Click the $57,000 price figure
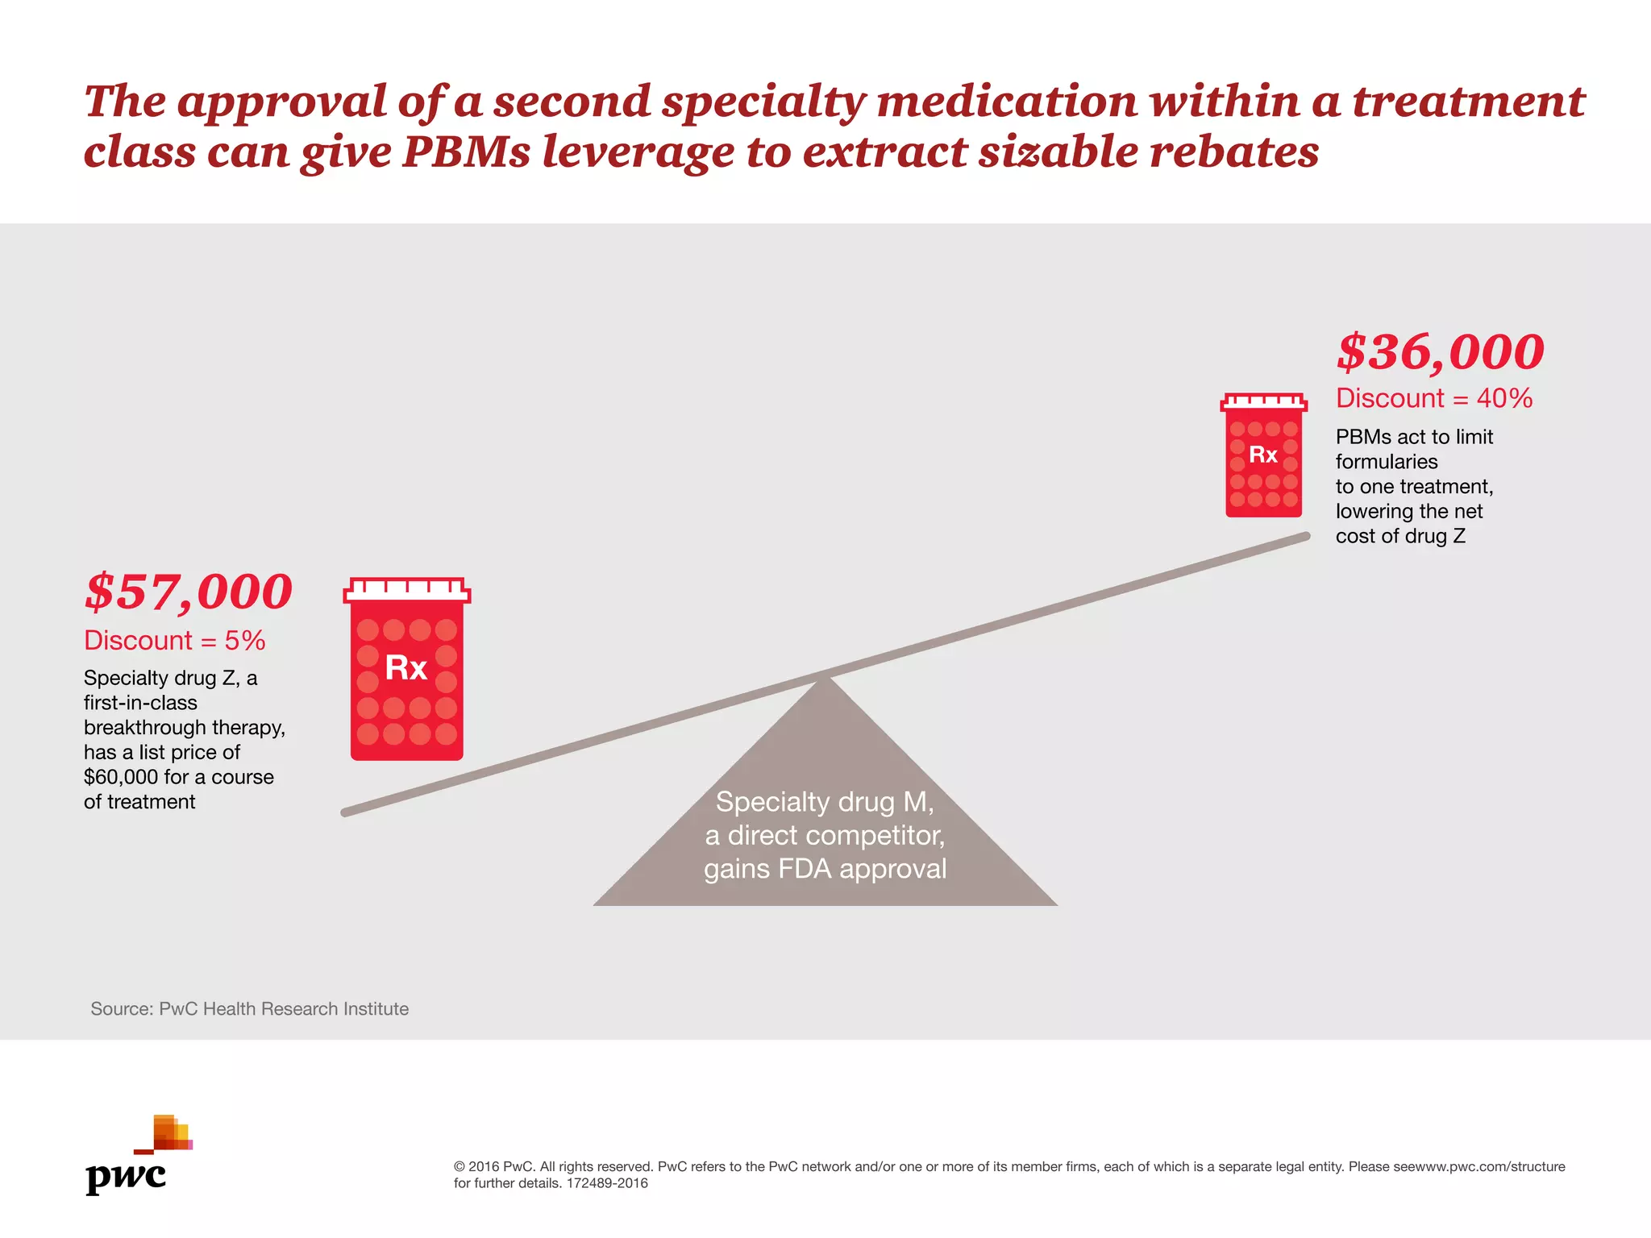click(x=188, y=592)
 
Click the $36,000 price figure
click(x=1440, y=352)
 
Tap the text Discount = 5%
click(x=174, y=641)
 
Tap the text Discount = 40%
click(x=1433, y=398)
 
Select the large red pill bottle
click(x=406, y=677)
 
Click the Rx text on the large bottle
click(x=405, y=668)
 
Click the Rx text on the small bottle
click(x=1263, y=455)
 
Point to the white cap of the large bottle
click(x=406, y=590)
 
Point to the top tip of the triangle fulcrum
click(x=825, y=679)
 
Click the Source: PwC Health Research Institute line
click(x=249, y=1009)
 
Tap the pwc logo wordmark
click(x=126, y=1177)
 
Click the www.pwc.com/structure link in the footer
click(x=1491, y=1166)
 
